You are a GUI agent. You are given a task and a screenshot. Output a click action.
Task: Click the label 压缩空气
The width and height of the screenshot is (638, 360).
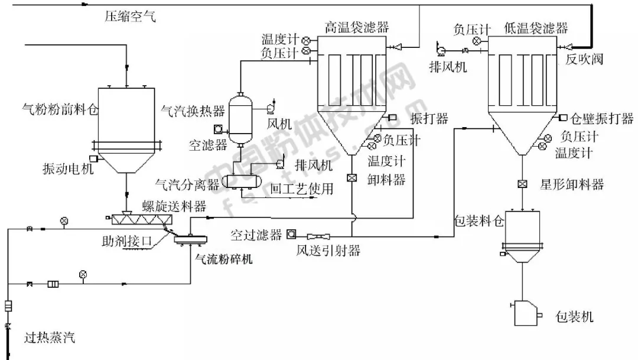point(131,17)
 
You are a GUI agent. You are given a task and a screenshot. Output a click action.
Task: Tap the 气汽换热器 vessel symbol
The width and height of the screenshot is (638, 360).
point(241,118)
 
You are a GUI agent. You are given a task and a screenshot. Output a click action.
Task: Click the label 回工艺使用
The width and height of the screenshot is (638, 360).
point(301,189)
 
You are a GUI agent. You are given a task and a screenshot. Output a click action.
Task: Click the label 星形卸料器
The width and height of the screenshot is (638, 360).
point(572,184)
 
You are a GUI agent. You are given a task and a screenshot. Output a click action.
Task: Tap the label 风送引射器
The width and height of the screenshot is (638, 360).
point(328,251)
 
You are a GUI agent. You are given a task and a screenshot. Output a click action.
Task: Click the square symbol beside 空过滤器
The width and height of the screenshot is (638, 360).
point(291,234)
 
